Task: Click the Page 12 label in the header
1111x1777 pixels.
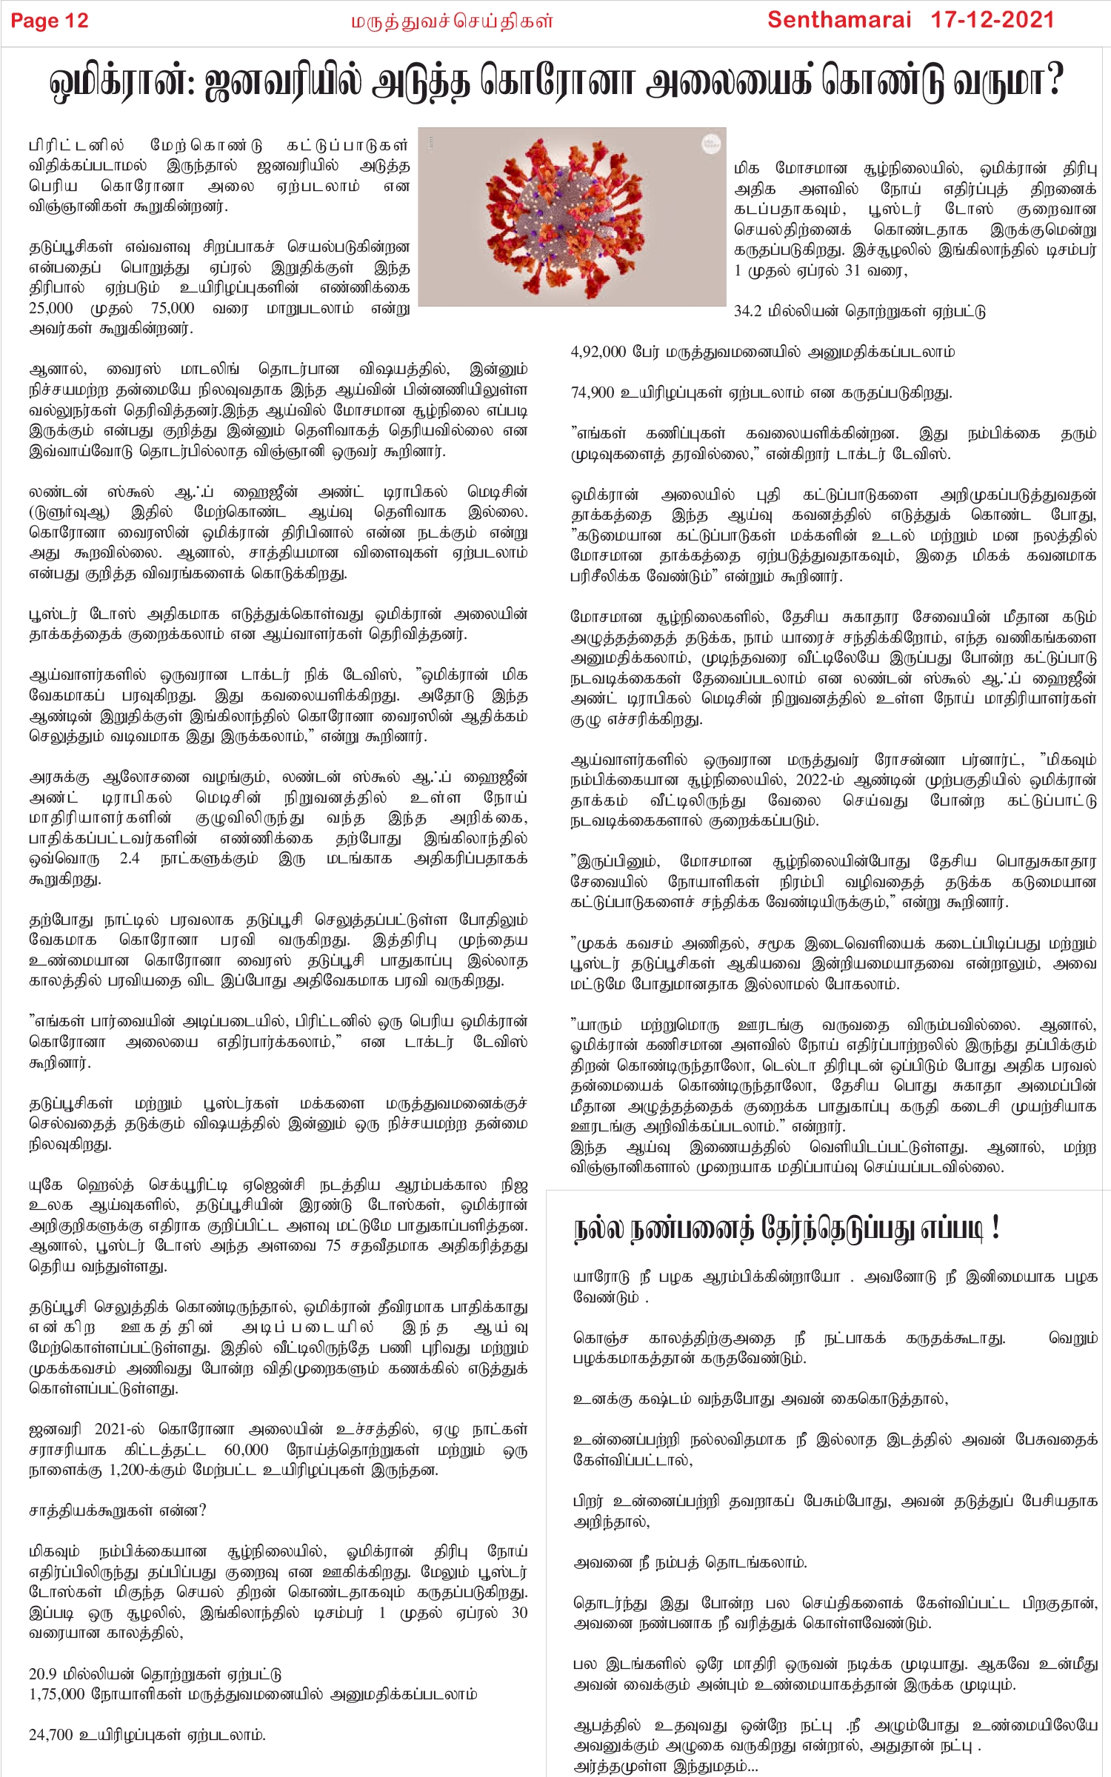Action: point(50,21)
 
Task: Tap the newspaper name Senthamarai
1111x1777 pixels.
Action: point(838,20)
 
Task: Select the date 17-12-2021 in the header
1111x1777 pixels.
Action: point(992,20)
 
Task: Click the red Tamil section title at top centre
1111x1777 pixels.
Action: point(452,21)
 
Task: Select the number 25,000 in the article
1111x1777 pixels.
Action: point(50,308)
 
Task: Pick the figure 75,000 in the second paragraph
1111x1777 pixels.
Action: point(173,308)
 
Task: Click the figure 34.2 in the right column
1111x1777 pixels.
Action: point(747,312)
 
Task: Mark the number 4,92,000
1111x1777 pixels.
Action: point(598,352)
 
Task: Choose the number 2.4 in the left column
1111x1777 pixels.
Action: point(130,859)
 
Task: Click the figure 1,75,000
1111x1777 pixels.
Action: point(56,1694)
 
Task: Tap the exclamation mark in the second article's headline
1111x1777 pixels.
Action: point(995,1228)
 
